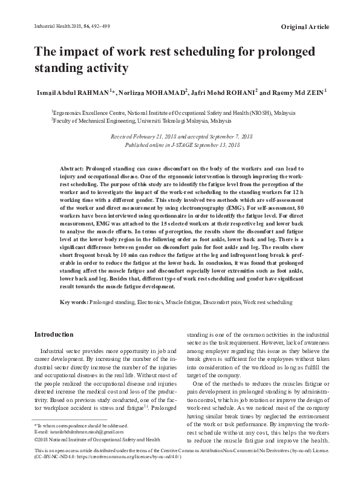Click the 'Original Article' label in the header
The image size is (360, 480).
pyautogui.click(x=306, y=27)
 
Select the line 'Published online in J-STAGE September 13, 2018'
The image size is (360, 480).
pyautogui.click(x=182, y=145)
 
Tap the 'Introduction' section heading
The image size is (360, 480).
pyautogui.click(x=54, y=334)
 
